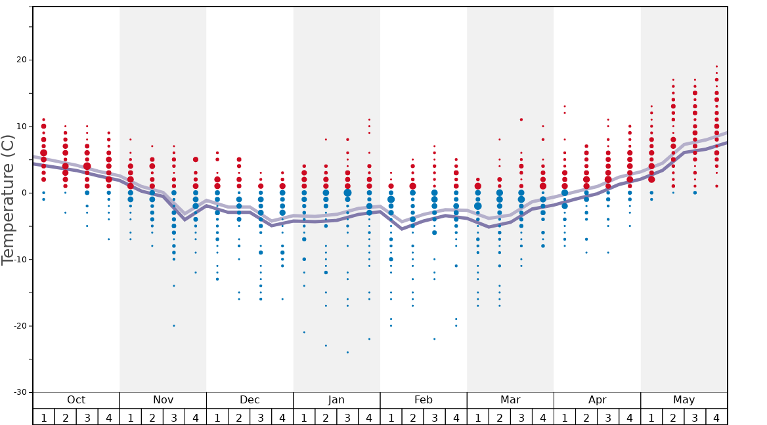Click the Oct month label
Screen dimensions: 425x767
tap(76, 400)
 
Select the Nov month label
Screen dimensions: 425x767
tap(163, 400)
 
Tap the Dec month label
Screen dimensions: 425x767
tap(250, 400)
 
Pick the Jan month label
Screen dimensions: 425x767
tap(336, 400)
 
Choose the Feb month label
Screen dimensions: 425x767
tap(424, 400)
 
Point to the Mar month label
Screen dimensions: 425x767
tap(510, 400)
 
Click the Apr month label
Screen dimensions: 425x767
tap(597, 400)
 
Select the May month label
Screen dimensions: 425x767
tap(684, 400)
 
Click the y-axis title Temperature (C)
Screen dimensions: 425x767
tap(8, 199)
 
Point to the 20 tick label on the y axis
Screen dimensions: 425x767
tap(21, 60)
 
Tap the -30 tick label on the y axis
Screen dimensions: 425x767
tap(19, 392)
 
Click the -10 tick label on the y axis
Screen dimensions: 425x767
tap(19, 259)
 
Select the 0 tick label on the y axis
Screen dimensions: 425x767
tap(24, 193)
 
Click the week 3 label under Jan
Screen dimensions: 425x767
tap(347, 417)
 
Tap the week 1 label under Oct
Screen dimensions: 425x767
tap(43, 417)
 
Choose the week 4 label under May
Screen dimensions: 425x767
tap(716, 417)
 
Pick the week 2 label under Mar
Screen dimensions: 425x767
tap(499, 417)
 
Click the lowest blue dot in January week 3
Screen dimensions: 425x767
tap(347, 352)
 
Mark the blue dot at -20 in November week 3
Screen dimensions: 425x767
tap(174, 325)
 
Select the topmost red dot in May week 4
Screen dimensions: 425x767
tap(716, 66)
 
